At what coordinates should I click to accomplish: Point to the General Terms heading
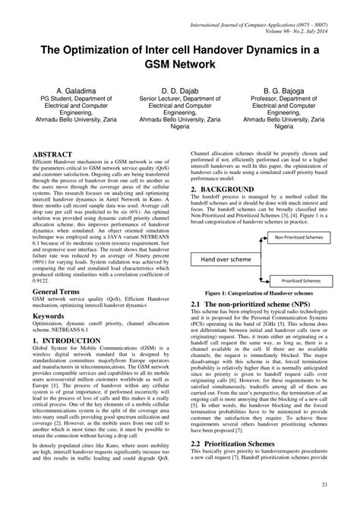(62, 290)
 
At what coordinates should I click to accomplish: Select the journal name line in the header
(261, 26)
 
